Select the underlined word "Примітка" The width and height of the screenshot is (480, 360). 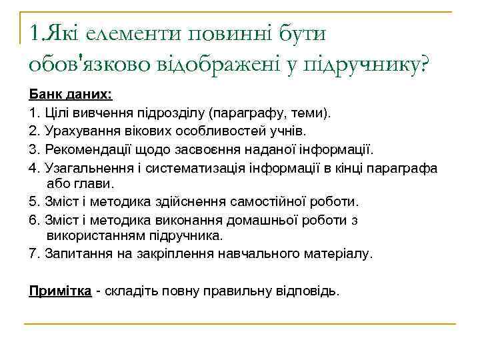click(60, 291)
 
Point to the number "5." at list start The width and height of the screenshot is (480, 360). click(35, 201)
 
